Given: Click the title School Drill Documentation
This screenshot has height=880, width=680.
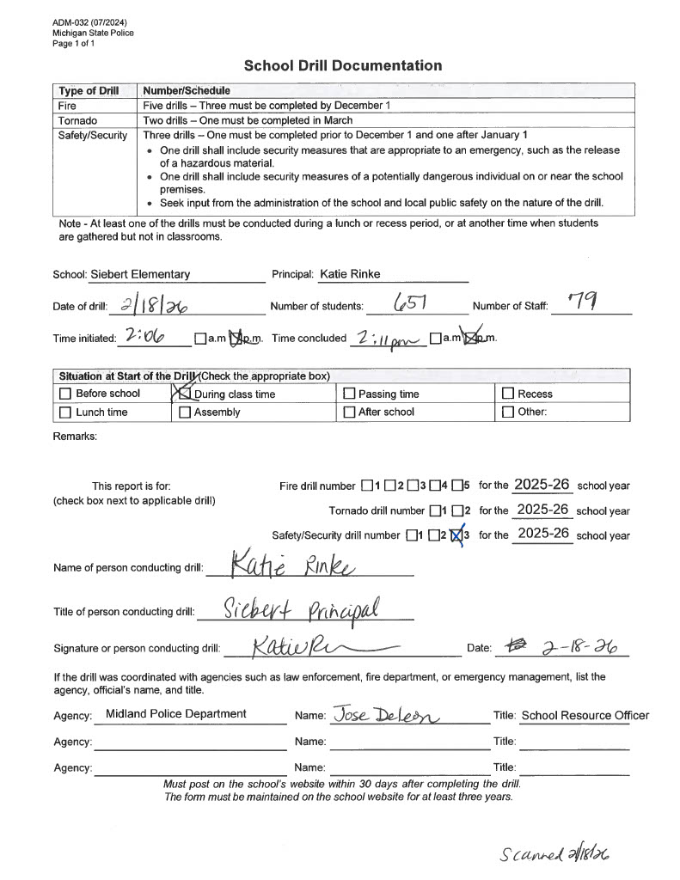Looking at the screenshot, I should tap(343, 65).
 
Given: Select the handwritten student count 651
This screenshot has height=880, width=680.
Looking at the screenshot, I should tap(410, 303).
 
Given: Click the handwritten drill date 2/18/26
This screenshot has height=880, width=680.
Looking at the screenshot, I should tap(156, 305).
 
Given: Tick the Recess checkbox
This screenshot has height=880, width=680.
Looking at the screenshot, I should tap(507, 394).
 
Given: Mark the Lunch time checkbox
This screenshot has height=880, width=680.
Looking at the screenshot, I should tap(65, 412).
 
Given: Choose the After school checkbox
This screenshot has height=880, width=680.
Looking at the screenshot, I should tap(349, 412).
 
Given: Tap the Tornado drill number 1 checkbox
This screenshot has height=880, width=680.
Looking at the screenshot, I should tap(434, 510).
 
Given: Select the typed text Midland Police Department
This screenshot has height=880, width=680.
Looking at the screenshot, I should tap(175, 713).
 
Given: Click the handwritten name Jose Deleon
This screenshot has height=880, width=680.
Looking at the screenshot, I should tap(386, 713).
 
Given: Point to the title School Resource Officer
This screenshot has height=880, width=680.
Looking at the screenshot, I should tap(585, 715).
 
